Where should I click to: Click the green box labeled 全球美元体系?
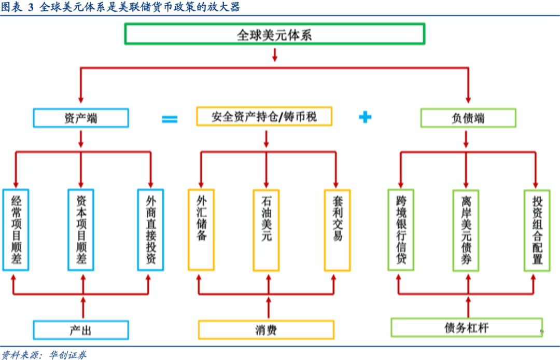coord(274,35)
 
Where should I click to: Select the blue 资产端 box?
coord(80,118)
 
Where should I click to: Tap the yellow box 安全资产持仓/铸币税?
coord(264,117)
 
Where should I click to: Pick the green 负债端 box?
coord(468,118)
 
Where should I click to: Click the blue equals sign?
coord(170,119)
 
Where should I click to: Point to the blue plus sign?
coord(366,117)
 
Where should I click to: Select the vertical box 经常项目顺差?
coord(16,230)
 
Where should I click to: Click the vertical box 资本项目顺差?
coord(81,230)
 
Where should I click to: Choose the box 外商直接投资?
coord(150,230)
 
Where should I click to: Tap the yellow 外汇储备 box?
coord(201,230)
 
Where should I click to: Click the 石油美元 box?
coord(266,230)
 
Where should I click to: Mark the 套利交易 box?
coord(337,230)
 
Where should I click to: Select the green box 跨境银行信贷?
coord(401,230)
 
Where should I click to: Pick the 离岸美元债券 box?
coord(466,230)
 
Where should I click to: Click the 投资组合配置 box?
coord(537,230)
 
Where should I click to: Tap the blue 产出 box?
coord(80,330)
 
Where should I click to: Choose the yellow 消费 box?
coord(266,330)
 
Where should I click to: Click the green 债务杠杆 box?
coord(466,328)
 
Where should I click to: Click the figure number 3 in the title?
coord(30,7)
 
